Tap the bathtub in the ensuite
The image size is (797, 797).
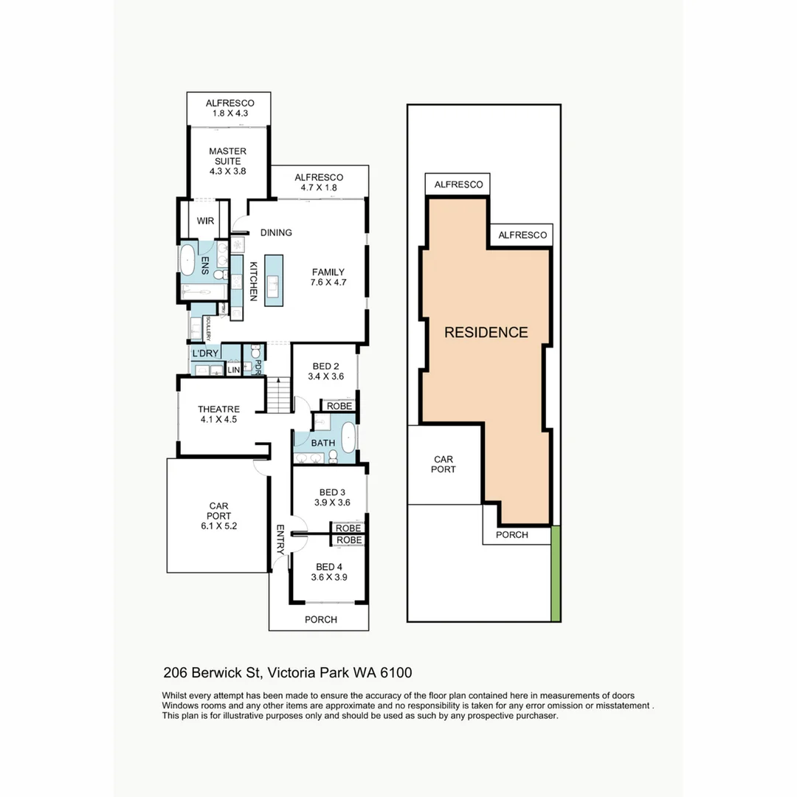pos(187,261)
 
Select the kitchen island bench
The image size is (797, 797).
pos(274,280)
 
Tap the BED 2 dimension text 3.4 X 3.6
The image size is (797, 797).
pos(326,376)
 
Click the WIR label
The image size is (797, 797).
pos(205,221)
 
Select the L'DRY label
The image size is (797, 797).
pos(205,353)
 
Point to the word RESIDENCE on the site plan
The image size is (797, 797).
pos(486,332)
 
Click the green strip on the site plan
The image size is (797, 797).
pos(556,573)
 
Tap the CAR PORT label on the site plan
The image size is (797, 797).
pos(444,464)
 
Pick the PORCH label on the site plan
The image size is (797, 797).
pos(511,534)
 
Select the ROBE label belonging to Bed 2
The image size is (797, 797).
pos(339,406)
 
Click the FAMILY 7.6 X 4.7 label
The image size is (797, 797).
pos(328,277)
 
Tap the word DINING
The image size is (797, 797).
pos(276,232)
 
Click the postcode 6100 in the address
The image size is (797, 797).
pos(396,672)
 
